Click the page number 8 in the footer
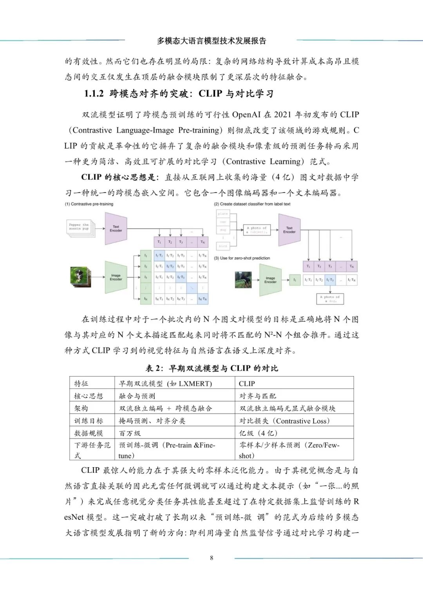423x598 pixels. (211, 558)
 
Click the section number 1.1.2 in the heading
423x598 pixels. (94, 94)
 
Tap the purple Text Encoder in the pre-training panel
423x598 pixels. (116, 229)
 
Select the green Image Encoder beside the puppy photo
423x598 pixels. (116, 277)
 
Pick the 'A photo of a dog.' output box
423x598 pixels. (330, 299)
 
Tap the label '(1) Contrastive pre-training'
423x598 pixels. (89, 204)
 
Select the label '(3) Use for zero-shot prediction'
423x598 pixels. (242, 258)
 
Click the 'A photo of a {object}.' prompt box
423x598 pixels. (257, 230)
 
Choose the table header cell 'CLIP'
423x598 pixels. (247, 383)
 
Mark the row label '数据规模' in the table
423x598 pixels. (89, 433)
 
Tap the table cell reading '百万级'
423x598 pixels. (130, 433)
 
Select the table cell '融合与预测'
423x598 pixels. (137, 396)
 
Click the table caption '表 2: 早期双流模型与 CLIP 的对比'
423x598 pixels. (211, 368)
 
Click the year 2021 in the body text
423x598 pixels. (282, 114)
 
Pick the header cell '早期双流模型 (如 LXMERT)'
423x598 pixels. (165, 383)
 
